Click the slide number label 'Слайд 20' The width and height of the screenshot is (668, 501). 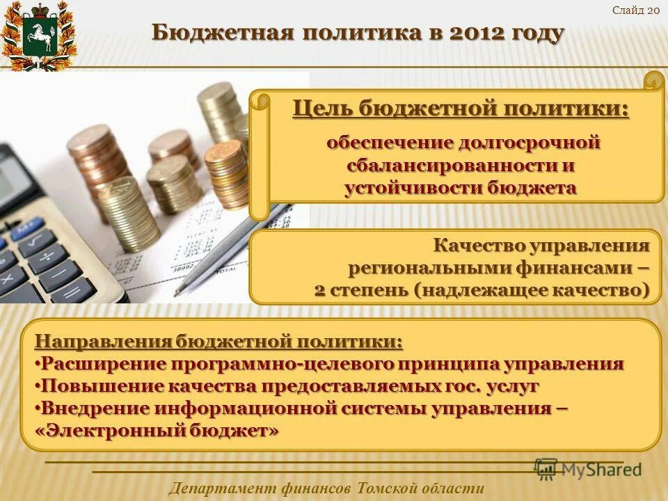click(636, 9)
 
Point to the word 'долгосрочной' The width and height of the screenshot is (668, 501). click(530, 143)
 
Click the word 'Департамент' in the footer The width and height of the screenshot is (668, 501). click(222, 488)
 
